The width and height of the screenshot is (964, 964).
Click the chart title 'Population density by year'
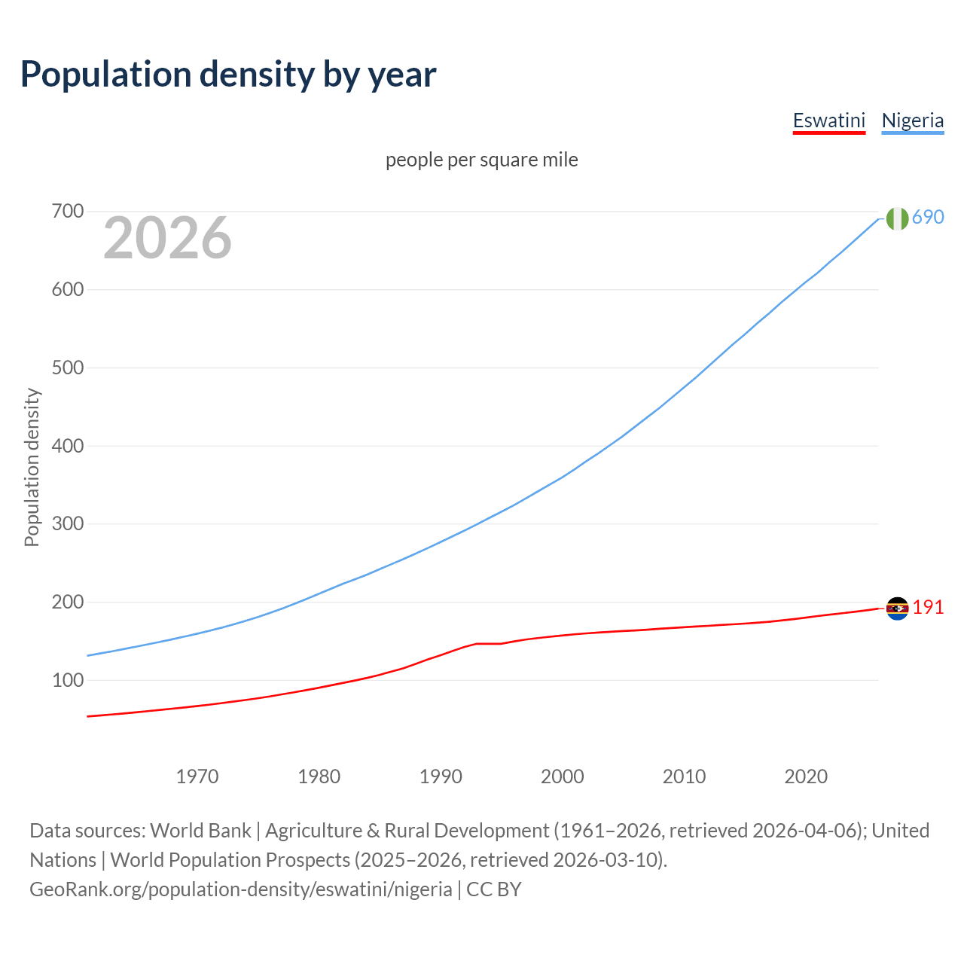point(228,75)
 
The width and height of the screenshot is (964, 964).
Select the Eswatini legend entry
point(828,121)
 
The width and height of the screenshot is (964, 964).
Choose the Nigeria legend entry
point(912,121)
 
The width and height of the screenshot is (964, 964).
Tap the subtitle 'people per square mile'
point(481,160)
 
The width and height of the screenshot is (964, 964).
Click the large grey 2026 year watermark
point(167,238)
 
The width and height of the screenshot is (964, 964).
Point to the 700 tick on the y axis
point(67,212)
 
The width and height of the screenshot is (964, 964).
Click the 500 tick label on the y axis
point(67,368)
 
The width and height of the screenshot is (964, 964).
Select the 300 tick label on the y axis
point(67,523)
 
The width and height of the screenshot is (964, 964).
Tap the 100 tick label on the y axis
point(67,680)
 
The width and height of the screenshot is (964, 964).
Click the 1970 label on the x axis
point(197,776)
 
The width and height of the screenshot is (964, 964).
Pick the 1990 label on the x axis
point(441,776)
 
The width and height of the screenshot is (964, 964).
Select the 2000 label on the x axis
point(563,776)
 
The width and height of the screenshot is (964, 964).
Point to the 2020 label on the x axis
point(806,776)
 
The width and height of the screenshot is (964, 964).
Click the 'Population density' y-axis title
point(32,467)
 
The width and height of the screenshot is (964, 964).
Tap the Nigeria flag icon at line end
point(897,218)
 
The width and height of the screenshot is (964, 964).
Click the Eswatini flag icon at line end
point(897,609)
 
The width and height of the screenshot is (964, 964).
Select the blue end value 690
point(928,218)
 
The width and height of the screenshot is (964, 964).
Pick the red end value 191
point(928,608)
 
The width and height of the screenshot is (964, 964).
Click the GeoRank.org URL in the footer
point(241,889)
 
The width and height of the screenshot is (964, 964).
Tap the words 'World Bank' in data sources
point(200,831)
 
